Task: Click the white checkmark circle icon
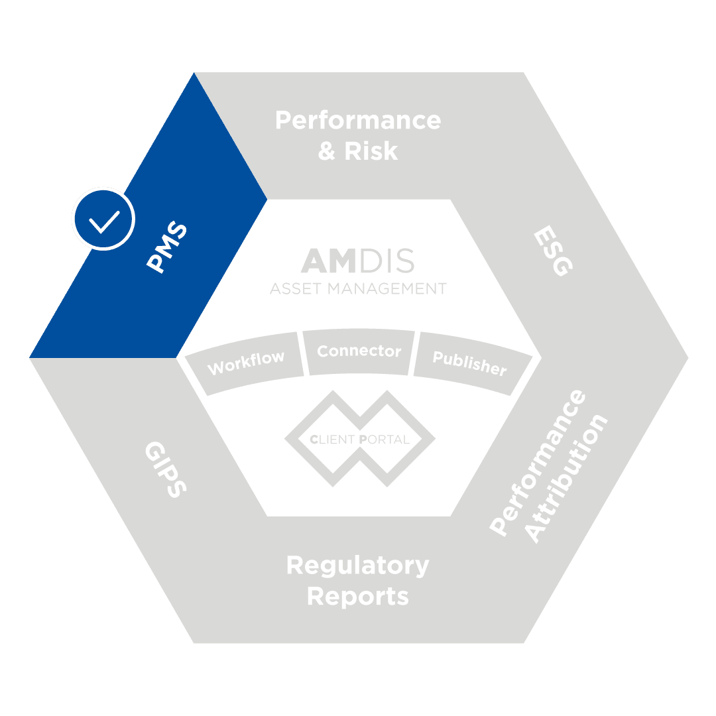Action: pos(103,219)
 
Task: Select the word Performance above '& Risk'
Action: pos(358,121)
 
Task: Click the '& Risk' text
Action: pos(358,151)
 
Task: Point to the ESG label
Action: pos(552,251)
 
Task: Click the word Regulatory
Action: pos(358,566)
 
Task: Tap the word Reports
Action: pos(358,596)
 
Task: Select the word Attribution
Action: pos(567,479)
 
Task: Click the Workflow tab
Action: pos(246,362)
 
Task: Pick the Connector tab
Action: pos(359,351)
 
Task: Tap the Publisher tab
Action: pos(469,362)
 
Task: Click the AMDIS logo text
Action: pos(358,261)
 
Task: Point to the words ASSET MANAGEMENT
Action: pos(358,289)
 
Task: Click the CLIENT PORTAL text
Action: pos(359,439)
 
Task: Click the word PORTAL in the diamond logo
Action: pos(384,439)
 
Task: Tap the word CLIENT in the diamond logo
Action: pos(333,439)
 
